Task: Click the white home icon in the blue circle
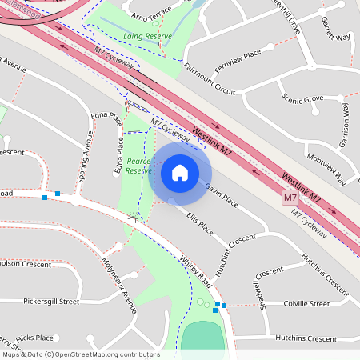179,171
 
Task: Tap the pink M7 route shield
290,197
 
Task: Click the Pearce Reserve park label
138,166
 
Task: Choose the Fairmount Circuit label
209,79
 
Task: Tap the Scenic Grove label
302,98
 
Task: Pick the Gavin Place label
221,195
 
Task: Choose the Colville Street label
307,304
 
